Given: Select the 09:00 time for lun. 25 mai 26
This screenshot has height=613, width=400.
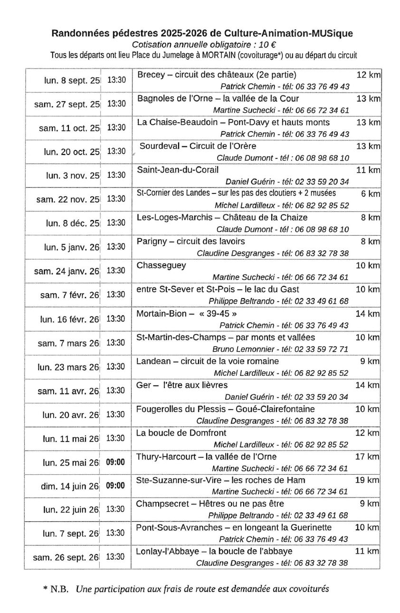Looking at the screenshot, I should pyautogui.click(x=115, y=462).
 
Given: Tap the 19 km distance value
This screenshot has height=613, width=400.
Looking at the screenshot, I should pyautogui.click(x=367, y=480).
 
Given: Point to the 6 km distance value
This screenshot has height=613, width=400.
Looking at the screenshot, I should pyautogui.click(x=371, y=193).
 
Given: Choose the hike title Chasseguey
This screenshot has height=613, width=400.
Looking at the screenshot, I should pyautogui.click(x=162, y=265).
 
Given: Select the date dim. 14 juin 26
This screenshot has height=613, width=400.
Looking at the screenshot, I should pyautogui.click(x=70, y=486).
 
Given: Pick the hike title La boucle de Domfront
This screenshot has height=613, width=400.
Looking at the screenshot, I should pyautogui.click(x=181, y=433).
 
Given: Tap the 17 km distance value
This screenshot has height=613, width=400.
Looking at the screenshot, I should pyautogui.click(x=367, y=457).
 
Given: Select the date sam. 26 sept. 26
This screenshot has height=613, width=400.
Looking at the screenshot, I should pyautogui.click(x=66, y=557).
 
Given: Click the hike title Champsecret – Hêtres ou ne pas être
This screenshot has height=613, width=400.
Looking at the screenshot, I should pyautogui.click(x=210, y=504).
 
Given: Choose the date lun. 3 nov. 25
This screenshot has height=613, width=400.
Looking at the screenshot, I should pyautogui.click(x=73, y=175).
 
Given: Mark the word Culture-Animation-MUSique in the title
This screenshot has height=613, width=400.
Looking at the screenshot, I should pyautogui.click(x=294, y=33).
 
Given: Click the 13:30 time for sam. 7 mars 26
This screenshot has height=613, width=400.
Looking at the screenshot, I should pyautogui.click(x=115, y=343).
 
